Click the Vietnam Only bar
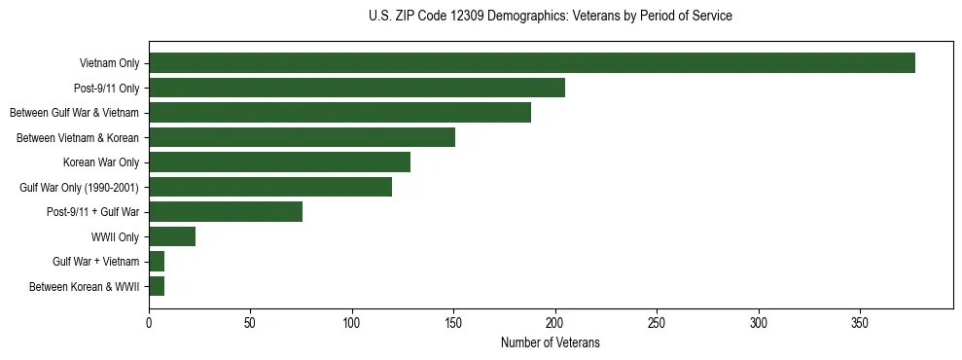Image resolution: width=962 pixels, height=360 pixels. tap(532, 63)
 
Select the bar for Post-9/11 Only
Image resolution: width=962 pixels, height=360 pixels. tap(357, 88)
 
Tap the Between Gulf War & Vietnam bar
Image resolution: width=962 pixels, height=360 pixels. tap(339, 113)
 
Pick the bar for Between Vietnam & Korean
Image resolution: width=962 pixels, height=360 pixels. tap(302, 137)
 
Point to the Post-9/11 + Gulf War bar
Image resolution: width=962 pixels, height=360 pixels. tap(226, 212)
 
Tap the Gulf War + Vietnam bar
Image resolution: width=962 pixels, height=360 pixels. tap(157, 262)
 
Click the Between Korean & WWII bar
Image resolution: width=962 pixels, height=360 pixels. tap(157, 286)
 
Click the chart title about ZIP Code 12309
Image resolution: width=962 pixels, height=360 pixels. tap(551, 17)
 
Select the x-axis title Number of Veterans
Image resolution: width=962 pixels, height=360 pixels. tap(551, 343)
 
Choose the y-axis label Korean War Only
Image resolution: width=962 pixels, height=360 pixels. tap(101, 162)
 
